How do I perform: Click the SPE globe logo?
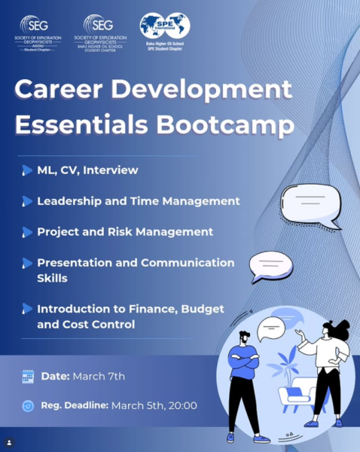165,26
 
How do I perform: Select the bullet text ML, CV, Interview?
87,170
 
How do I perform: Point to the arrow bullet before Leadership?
27,202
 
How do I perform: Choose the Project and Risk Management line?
125,232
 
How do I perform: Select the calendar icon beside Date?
28,376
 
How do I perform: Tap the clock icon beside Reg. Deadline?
28,406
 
